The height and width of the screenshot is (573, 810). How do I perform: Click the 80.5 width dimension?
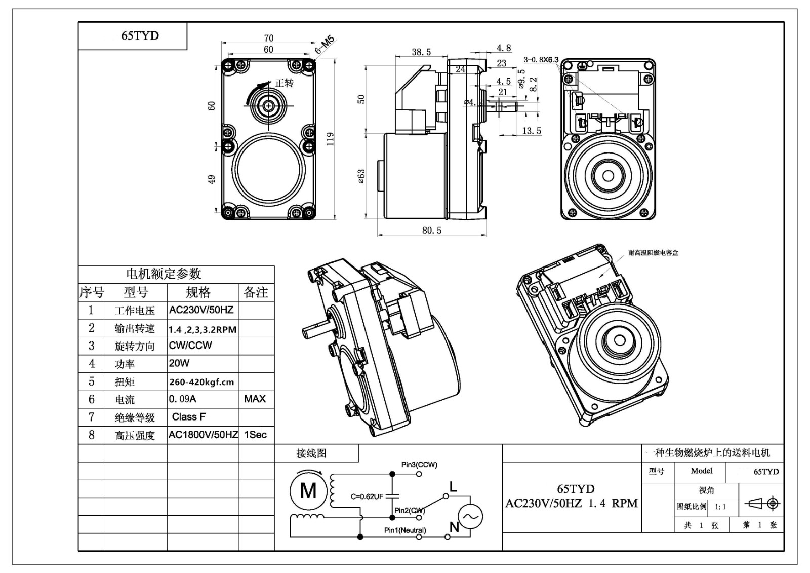[432, 231]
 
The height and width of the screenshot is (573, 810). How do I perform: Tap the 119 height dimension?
[330, 138]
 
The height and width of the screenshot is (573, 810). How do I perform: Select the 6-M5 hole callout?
[325, 45]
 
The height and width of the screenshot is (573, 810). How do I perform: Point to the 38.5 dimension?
[421, 52]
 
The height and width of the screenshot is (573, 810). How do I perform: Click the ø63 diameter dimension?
[361, 176]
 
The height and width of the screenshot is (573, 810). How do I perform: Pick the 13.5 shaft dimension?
[532, 131]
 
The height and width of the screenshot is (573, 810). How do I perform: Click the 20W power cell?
[179, 363]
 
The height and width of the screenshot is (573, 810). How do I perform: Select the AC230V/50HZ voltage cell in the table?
[201, 310]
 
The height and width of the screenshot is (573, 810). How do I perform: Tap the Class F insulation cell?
[189, 417]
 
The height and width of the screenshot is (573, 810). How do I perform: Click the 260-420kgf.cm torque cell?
[201, 382]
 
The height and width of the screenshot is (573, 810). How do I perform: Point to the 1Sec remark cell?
[255, 435]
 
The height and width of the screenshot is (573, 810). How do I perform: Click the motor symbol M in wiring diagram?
[308, 490]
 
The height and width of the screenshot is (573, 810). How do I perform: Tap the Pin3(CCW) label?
[419, 464]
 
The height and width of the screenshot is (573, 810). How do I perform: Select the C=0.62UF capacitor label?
[367, 496]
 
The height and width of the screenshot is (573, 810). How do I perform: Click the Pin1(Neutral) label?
[405, 530]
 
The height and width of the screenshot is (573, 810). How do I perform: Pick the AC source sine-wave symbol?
[470, 517]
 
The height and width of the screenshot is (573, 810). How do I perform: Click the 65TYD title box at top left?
[140, 35]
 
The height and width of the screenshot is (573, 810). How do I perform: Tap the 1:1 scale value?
[720, 507]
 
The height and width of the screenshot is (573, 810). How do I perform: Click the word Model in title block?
[701, 471]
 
